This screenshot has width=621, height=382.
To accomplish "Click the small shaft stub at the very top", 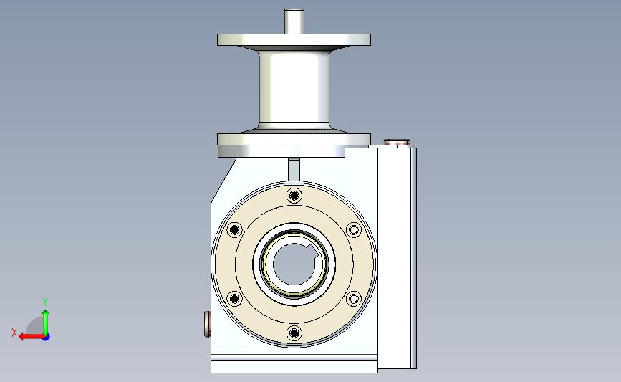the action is pos(294,21).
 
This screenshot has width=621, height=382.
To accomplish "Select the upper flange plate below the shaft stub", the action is pos(294,39).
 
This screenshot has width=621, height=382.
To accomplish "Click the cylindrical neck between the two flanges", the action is pos(294,89).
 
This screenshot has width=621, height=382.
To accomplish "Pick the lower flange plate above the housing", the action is pos(294,139).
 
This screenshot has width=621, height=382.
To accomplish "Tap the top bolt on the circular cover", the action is pos(294,196).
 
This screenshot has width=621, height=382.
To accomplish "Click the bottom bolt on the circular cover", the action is pos(294,333).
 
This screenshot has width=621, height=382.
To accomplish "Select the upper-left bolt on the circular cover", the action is pos(234,230).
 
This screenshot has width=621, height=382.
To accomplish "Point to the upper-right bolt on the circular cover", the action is pos(354,230).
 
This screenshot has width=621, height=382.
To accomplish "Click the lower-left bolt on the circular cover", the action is pos(234,298).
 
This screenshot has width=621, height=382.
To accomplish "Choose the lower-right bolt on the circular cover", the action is pos(354,298).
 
